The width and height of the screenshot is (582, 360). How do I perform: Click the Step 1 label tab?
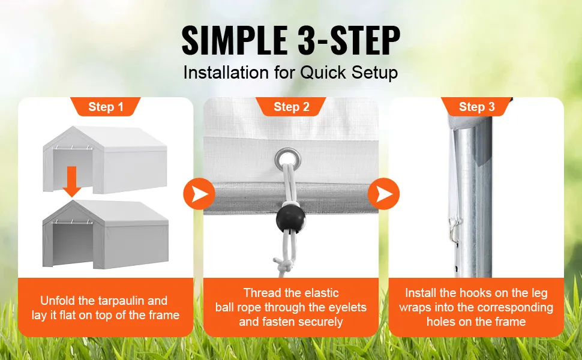(x=106, y=107)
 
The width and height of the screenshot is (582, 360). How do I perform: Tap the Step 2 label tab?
(x=291, y=107)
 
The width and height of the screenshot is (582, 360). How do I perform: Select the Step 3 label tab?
(x=476, y=107)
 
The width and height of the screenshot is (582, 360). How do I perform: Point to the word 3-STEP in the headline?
(x=349, y=40)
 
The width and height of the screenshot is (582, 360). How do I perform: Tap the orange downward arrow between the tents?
(x=71, y=181)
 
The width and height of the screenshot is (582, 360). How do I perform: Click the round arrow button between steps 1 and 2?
(x=199, y=194)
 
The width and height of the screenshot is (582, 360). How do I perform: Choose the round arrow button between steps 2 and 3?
(x=384, y=194)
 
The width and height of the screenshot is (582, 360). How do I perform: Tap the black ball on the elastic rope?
(x=290, y=219)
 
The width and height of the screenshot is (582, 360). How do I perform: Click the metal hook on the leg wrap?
(x=454, y=230)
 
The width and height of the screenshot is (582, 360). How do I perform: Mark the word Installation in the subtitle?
(x=226, y=73)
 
